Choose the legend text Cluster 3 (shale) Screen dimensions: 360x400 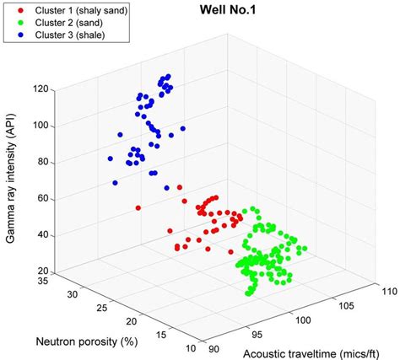coord(64,36)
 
